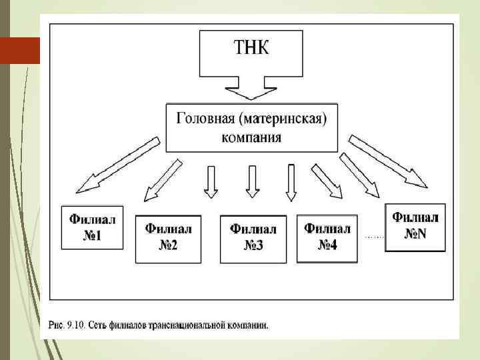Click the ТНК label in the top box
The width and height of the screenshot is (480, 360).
click(x=251, y=49)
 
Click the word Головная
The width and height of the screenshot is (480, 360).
click(x=203, y=119)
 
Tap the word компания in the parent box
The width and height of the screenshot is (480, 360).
click(x=251, y=137)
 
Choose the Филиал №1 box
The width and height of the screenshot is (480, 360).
click(x=92, y=227)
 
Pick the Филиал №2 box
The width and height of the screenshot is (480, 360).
click(x=168, y=238)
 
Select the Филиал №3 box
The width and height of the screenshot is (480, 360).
click(x=253, y=238)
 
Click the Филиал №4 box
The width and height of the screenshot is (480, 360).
click(x=327, y=237)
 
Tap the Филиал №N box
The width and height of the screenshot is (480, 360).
click(x=415, y=227)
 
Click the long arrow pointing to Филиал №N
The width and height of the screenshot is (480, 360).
click(x=389, y=161)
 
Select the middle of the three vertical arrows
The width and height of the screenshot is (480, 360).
click(x=252, y=181)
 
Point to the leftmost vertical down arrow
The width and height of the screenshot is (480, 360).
click(x=211, y=181)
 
